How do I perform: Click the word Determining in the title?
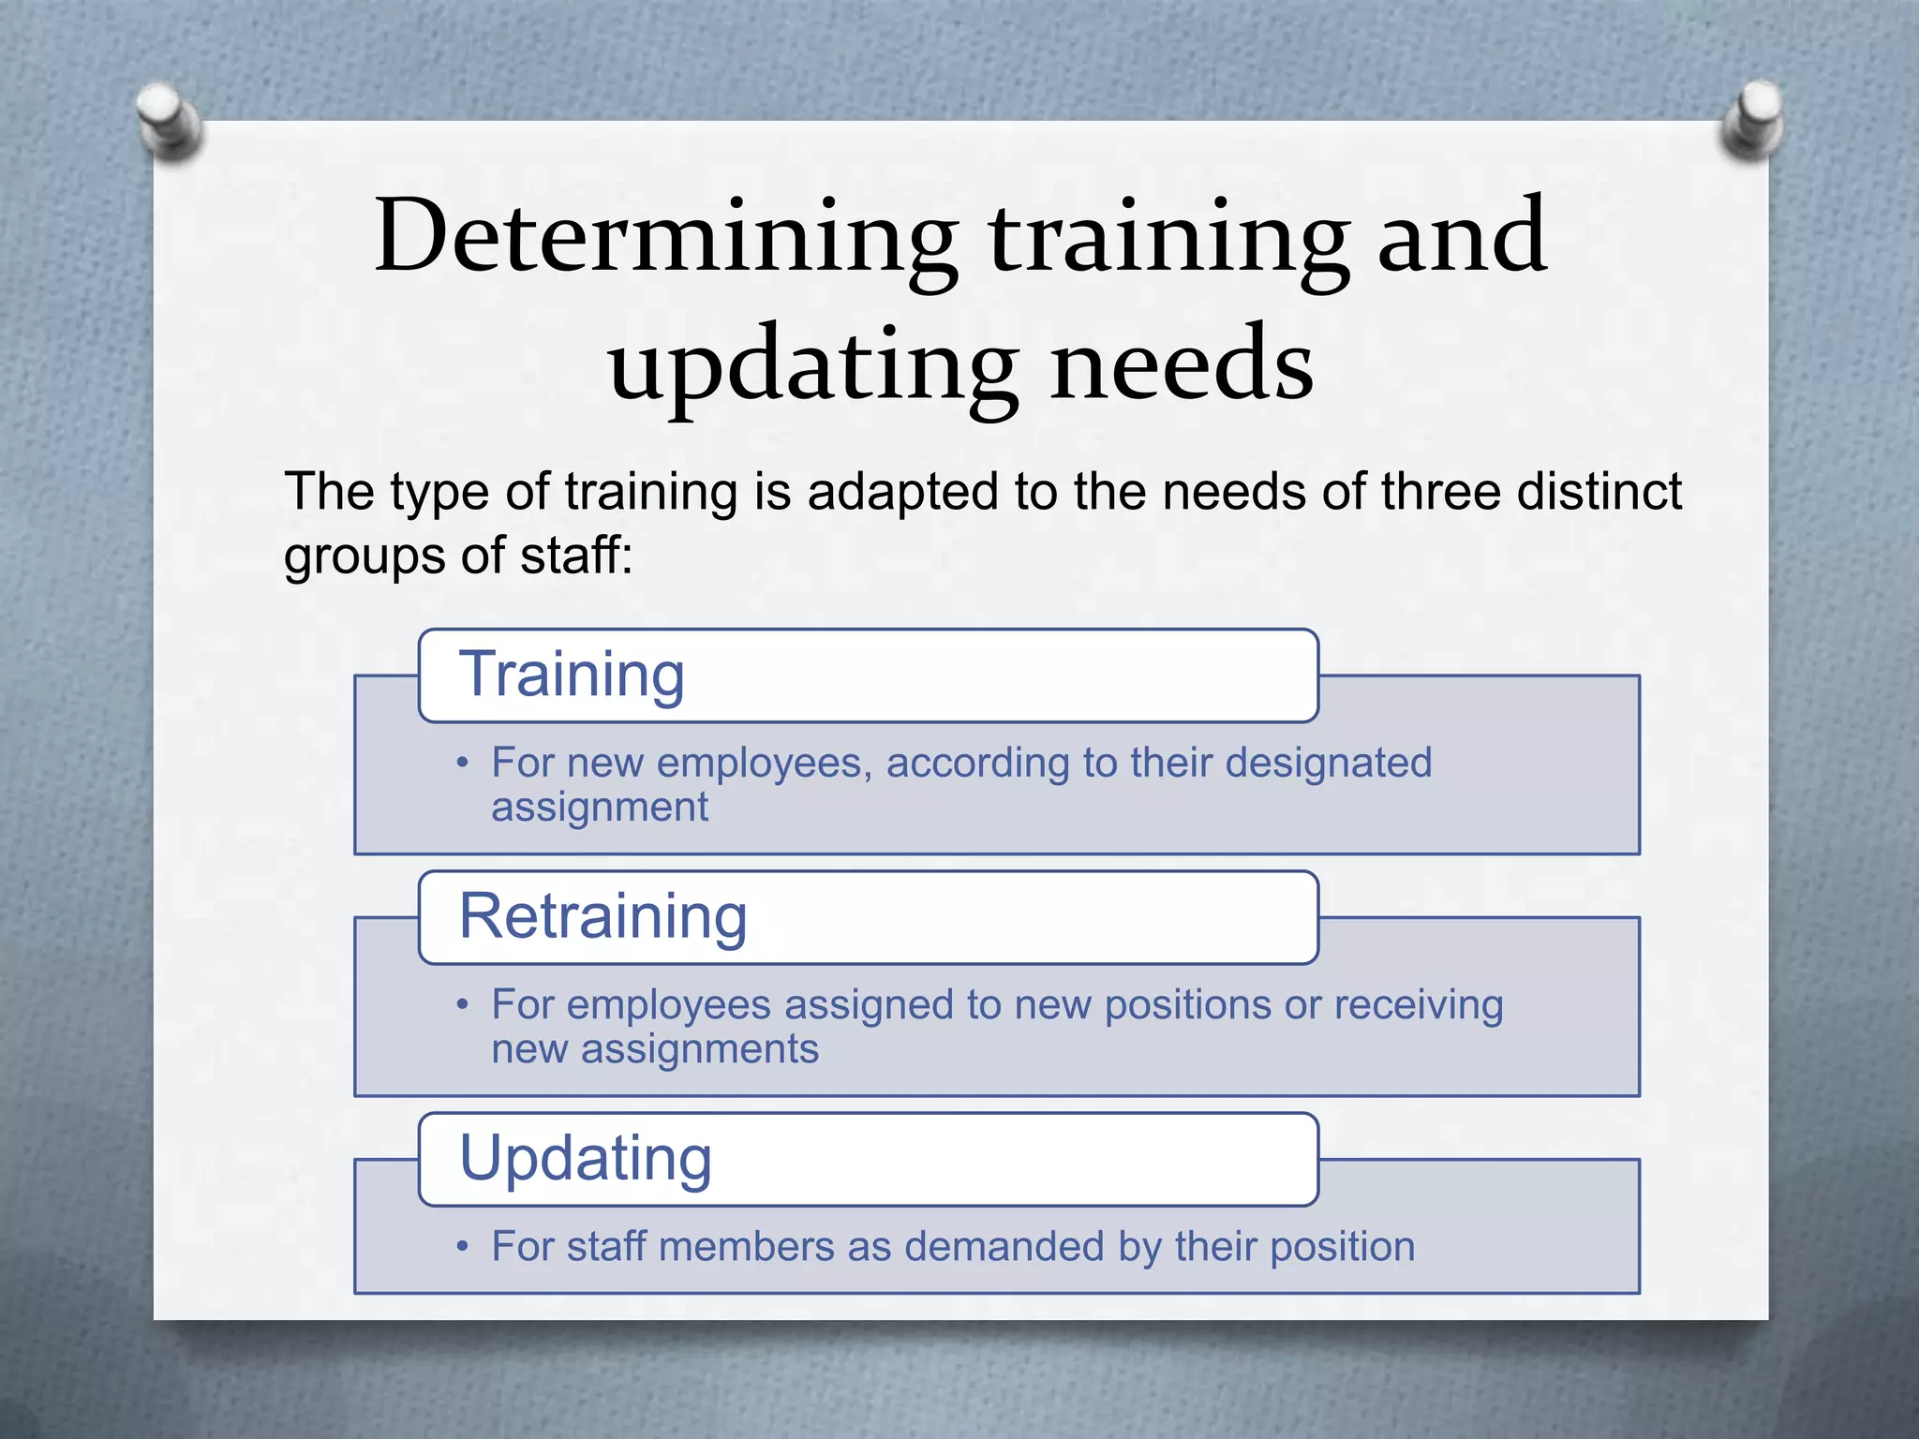(x=665, y=236)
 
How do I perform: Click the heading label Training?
(x=572, y=675)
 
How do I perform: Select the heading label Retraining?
(x=603, y=916)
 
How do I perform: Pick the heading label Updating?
(x=586, y=1159)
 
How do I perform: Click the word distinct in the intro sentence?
(x=1599, y=491)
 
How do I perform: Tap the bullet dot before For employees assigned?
(x=462, y=1005)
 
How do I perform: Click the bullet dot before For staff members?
(x=462, y=1247)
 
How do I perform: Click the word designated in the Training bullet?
(x=1329, y=763)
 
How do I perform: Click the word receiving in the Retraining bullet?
(x=1419, y=1005)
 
